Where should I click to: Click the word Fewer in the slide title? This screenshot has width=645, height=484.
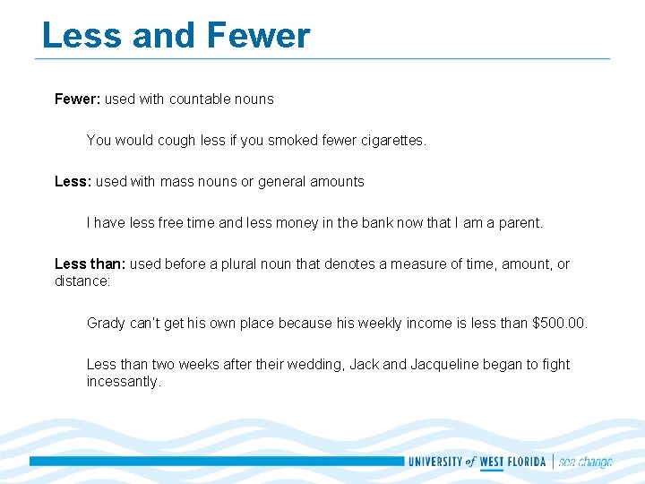tap(258, 36)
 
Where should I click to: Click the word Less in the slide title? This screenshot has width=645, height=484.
tap(80, 36)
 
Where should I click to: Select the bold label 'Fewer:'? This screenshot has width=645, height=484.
tap(77, 99)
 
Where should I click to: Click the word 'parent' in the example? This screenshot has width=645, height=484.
tap(520, 223)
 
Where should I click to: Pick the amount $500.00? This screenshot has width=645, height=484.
tap(559, 324)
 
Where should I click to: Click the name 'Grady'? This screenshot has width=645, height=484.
tap(107, 324)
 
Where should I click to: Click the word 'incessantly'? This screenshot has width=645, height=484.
tap(124, 382)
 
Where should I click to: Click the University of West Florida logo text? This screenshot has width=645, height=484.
tap(477, 462)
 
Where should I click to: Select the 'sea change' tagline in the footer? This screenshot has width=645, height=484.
tap(585, 462)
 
